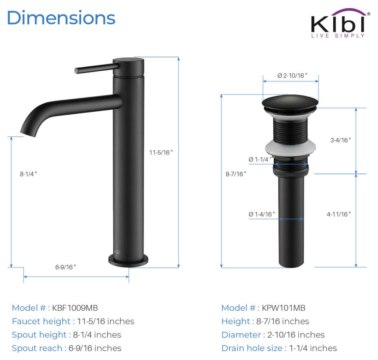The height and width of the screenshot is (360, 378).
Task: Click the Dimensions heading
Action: (x=61, y=18)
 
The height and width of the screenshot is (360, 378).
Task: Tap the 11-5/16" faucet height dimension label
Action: (x=161, y=152)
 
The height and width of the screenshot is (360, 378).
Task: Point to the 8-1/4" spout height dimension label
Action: (x=29, y=174)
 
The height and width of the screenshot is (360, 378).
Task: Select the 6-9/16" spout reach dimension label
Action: (x=66, y=267)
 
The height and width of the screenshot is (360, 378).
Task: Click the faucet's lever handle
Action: (x=97, y=68)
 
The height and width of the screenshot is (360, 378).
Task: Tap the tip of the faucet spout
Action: (x=28, y=134)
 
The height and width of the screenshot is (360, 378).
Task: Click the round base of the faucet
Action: (x=128, y=261)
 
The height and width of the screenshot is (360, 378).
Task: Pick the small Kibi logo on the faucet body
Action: (x=117, y=252)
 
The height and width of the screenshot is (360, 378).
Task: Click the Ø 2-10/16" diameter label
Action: (x=292, y=76)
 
